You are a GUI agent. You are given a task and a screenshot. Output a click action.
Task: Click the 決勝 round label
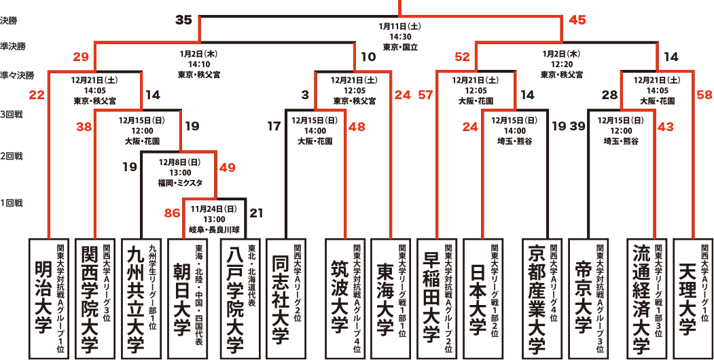[8, 20]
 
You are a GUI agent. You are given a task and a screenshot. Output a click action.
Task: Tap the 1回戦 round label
[12, 204]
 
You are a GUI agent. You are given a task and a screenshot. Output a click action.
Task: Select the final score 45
[577, 20]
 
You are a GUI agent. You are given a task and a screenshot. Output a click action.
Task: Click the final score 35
[183, 20]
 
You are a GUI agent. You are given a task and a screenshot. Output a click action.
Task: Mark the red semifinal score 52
[462, 57]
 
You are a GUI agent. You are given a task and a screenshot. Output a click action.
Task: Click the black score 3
[304, 95]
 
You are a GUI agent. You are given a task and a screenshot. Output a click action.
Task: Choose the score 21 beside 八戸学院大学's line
[256, 213]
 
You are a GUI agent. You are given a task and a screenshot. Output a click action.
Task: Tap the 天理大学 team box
[692, 298]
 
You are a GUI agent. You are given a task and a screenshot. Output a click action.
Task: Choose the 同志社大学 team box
[285, 298]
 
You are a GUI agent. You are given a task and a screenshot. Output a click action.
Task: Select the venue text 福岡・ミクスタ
[181, 183]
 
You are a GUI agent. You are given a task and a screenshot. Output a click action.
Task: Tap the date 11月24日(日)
[214, 209]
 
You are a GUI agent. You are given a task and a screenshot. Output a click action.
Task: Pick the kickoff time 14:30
[400, 37]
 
